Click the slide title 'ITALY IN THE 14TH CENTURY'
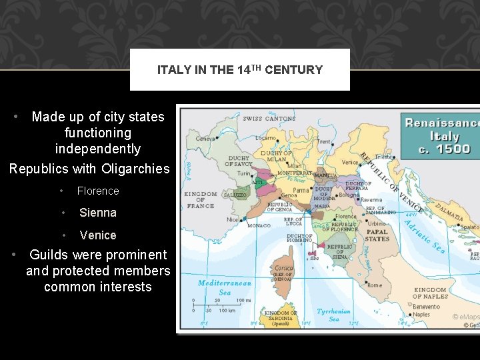[x=240, y=70]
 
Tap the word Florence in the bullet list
[x=98, y=191]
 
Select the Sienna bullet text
[x=98, y=213]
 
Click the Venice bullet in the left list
[x=98, y=235]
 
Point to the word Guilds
[x=51, y=255]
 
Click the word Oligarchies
[x=136, y=169]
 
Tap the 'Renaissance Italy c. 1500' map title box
[x=441, y=135]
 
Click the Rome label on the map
[x=374, y=285]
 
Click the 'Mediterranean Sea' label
[x=225, y=287]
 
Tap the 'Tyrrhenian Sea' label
[x=333, y=315]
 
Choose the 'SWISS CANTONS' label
[x=269, y=119]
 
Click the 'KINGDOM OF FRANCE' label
[x=200, y=199]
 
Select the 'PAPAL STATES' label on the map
[x=377, y=235]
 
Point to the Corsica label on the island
[x=283, y=268]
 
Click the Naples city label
[x=421, y=315]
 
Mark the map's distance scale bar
[x=213, y=305]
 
